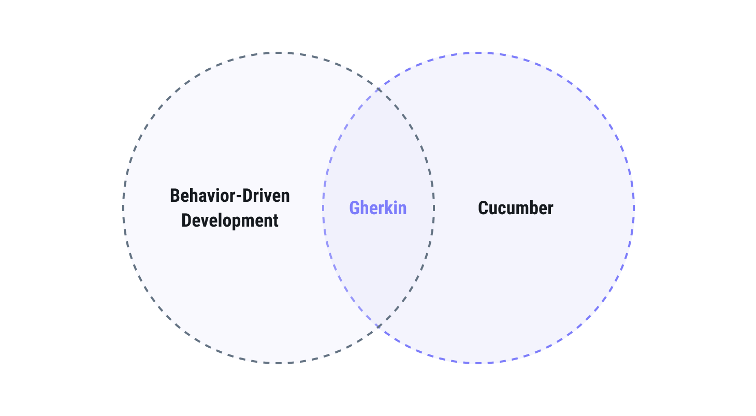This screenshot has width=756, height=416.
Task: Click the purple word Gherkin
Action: coord(378,208)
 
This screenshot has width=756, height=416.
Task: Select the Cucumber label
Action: coord(515,208)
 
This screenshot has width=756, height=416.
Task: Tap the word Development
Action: coord(230,220)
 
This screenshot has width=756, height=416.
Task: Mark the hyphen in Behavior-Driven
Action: coord(241,197)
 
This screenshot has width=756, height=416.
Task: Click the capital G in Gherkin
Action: coord(354,208)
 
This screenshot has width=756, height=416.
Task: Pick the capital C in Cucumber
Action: coord(483,208)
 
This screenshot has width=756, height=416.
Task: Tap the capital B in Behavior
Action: coord(175,196)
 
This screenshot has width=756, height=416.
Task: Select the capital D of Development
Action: coord(186,220)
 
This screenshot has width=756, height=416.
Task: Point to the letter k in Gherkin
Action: coord(387,208)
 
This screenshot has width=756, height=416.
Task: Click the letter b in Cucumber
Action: coord(533,208)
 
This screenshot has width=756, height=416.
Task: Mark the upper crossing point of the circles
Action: coord(379,90)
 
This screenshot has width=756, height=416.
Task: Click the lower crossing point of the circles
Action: coord(379,326)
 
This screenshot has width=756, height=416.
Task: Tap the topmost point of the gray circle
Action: coord(279,53)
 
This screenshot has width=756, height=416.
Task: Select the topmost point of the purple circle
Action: coord(478,53)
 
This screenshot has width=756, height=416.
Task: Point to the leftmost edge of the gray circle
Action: coord(124,208)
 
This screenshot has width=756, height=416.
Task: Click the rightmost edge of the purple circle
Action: coord(634,208)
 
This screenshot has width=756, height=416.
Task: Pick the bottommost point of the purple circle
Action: coord(478,363)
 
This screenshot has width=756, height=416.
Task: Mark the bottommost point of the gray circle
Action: coord(279,363)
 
